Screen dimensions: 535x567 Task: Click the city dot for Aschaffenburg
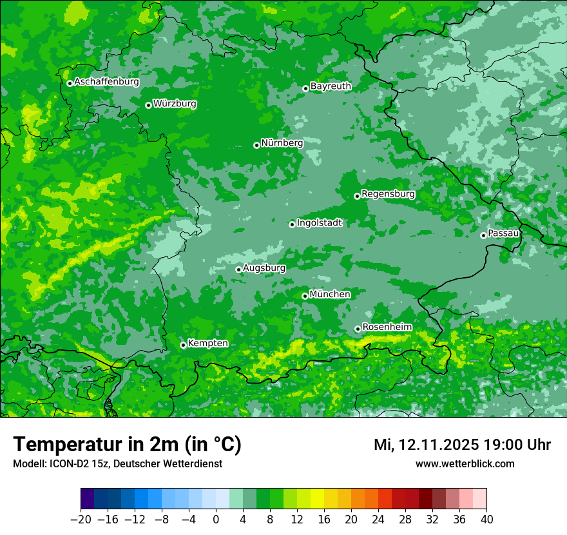tap(70, 83)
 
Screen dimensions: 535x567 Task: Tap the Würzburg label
tap(175, 104)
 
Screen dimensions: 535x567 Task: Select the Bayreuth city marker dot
tap(305, 89)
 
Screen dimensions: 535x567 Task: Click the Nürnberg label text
tap(282, 143)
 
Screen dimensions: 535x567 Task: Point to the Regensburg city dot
tap(357, 196)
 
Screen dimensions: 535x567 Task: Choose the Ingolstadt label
tap(319, 223)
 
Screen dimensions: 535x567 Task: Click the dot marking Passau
tap(483, 235)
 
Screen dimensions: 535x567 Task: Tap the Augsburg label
tap(264, 268)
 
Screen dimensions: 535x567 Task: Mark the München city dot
tap(305, 297)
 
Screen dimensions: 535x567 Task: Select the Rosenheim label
tap(387, 327)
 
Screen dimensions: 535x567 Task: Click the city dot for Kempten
tap(183, 345)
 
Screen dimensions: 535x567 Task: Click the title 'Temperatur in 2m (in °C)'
tap(128, 445)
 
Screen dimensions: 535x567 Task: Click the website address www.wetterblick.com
tap(465, 464)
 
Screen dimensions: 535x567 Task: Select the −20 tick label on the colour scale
tap(81, 519)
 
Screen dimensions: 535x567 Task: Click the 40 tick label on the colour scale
tap(486, 519)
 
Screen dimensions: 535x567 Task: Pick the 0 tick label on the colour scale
tap(216, 519)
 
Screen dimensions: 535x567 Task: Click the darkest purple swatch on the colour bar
tap(88, 499)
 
